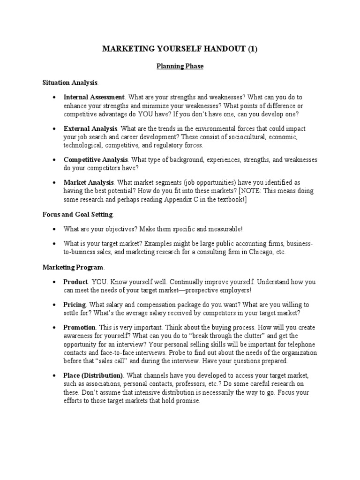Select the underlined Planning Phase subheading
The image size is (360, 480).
pyautogui.click(x=180, y=67)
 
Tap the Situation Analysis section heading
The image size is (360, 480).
pyautogui.click(x=70, y=82)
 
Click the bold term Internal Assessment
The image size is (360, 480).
pyautogui.click(x=94, y=98)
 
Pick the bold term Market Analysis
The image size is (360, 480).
pyautogui.click(x=89, y=182)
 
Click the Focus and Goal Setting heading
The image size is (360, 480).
pyautogui.click(x=78, y=214)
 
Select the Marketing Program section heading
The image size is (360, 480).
pyautogui.click(x=73, y=267)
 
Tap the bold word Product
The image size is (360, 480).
pyautogui.click(x=75, y=282)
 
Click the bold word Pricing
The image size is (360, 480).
pyautogui.click(x=75, y=305)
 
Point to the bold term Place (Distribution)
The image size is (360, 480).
pyautogui.click(x=93, y=375)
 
